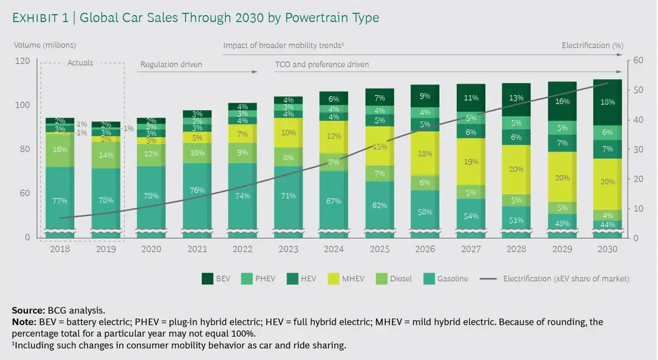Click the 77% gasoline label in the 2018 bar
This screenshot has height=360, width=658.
pyautogui.click(x=60, y=201)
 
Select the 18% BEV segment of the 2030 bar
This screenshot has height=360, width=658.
pyautogui.click(x=608, y=102)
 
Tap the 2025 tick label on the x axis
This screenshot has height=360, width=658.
pyautogui.click(x=379, y=249)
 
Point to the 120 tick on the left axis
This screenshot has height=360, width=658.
pyautogui.click(x=22, y=61)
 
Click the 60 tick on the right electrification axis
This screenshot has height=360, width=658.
pyautogui.click(x=638, y=61)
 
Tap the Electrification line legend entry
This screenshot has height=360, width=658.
pyautogui.click(x=554, y=278)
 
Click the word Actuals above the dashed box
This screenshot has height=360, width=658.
pyautogui.click(x=80, y=63)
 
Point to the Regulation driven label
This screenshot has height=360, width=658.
pyautogui.click(x=171, y=65)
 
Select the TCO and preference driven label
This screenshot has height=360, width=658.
pyautogui.click(x=322, y=65)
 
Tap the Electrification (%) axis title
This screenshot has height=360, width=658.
pyautogui.click(x=592, y=45)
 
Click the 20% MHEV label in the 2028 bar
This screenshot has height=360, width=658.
pyautogui.click(x=516, y=169)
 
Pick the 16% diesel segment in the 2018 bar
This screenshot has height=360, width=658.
pyautogui.click(x=60, y=150)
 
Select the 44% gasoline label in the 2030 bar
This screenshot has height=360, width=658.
pyautogui.click(x=608, y=225)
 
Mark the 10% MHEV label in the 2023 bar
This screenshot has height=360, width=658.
pyautogui.click(x=288, y=133)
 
